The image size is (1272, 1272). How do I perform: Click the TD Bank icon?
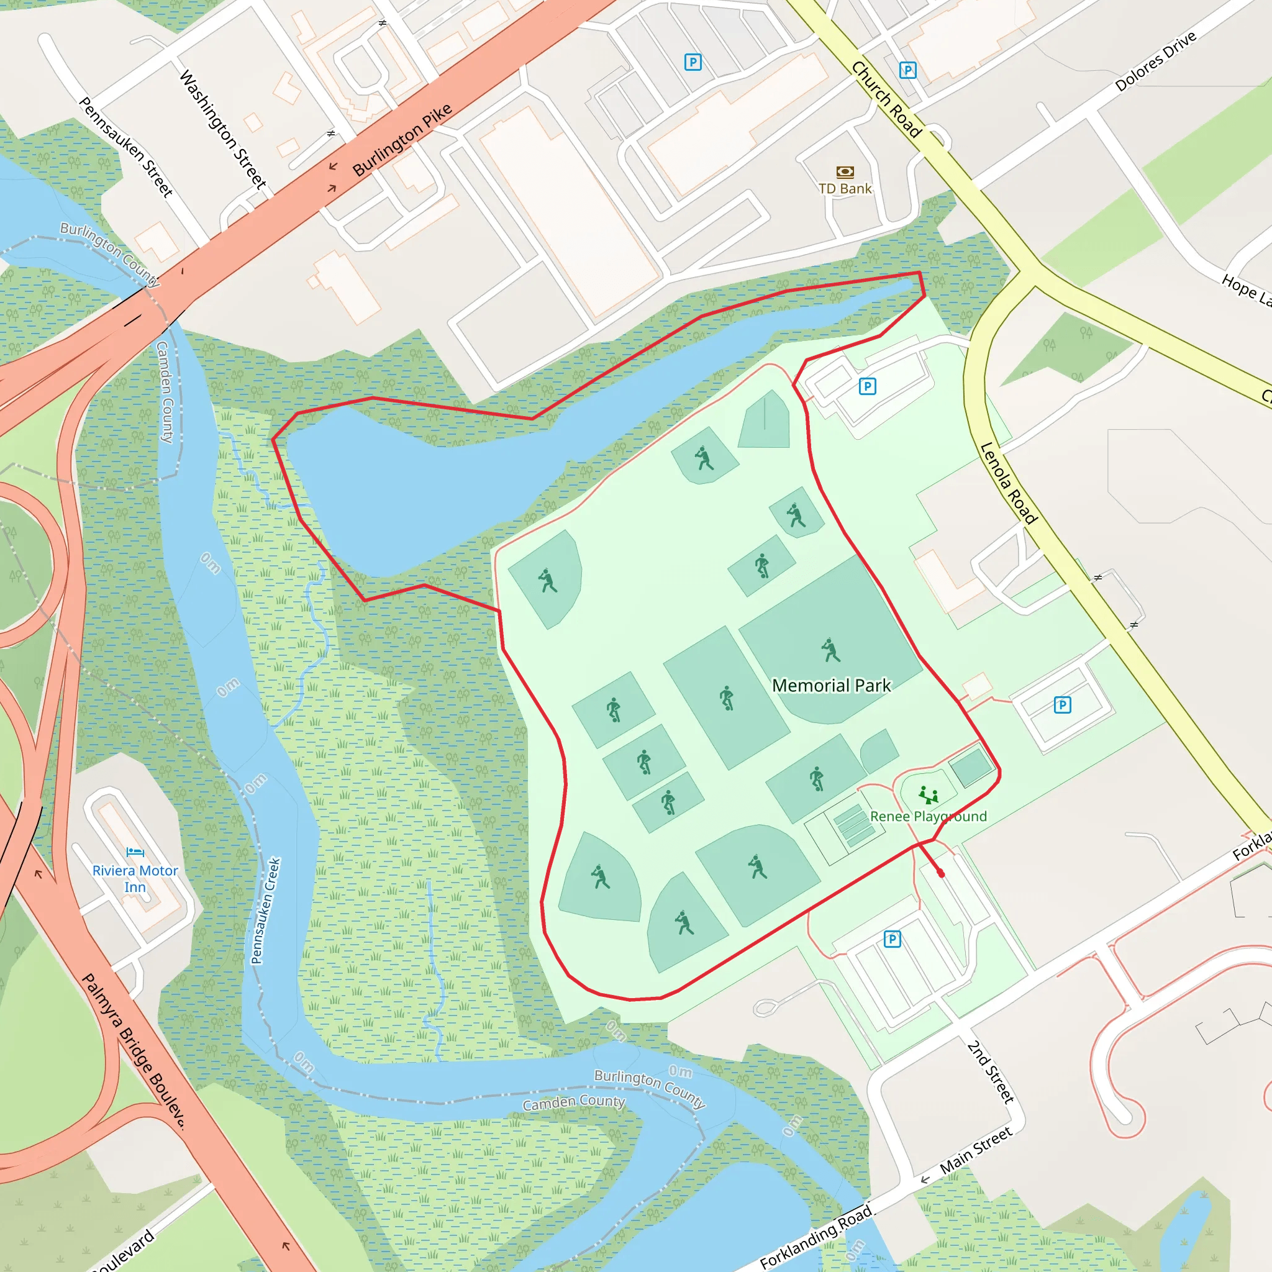coord(845,173)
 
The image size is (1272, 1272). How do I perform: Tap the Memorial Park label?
coord(831,686)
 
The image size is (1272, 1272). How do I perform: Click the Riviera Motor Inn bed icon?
coord(135,852)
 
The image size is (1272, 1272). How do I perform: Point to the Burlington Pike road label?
coord(402,140)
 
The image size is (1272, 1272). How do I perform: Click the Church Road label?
coord(886,99)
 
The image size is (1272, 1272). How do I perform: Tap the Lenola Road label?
coord(1008,483)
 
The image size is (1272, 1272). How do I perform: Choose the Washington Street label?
coord(222,130)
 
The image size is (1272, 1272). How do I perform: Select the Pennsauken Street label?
coord(125,147)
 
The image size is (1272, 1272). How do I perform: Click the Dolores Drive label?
coord(1155,61)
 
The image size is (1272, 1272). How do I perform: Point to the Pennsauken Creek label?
coord(266,911)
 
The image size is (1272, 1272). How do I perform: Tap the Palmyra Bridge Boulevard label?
coord(134,1051)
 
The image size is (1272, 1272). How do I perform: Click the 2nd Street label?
coord(990,1071)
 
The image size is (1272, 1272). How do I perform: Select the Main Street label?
coord(975,1150)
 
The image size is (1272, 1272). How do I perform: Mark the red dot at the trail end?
coord(941,874)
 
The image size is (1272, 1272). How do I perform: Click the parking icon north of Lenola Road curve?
coord(867,386)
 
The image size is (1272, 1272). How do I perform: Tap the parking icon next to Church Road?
coord(907,70)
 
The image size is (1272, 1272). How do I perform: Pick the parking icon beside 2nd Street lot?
coord(892,939)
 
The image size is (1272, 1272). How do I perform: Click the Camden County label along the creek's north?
coord(165,392)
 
